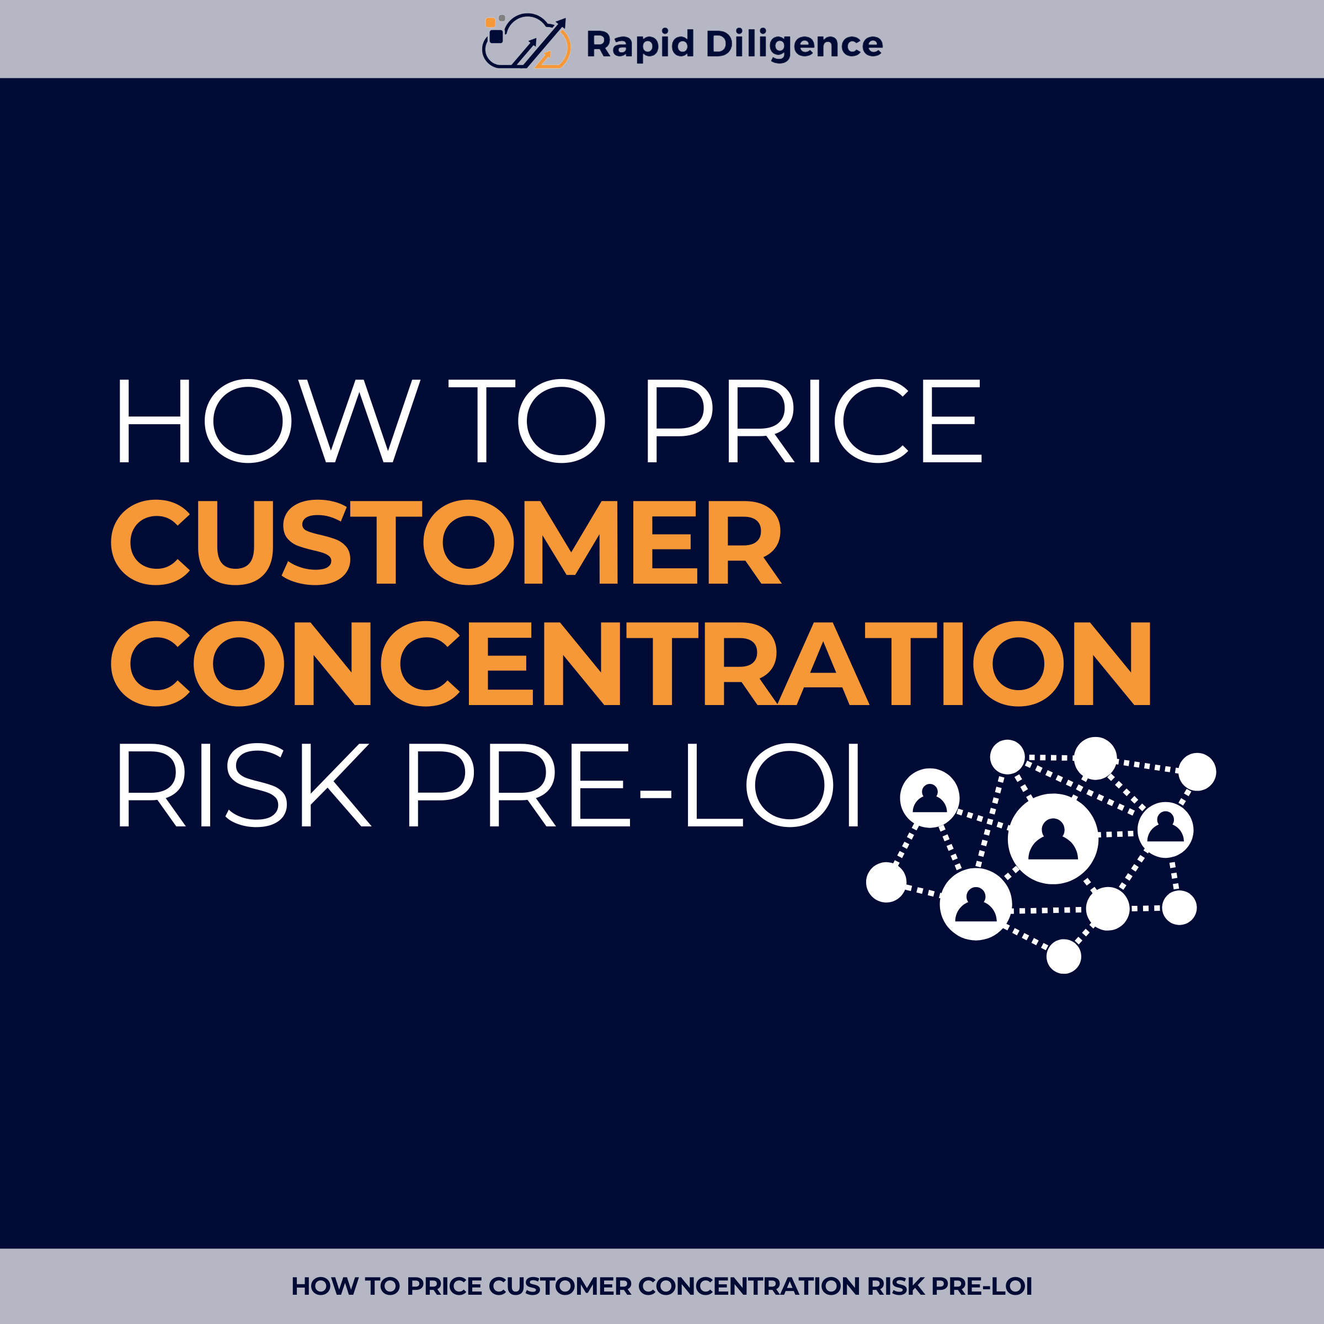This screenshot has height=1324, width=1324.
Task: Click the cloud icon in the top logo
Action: [x=526, y=42]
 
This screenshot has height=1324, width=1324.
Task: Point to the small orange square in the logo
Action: [x=490, y=23]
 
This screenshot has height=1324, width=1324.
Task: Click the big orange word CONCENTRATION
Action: [x=631, y=663]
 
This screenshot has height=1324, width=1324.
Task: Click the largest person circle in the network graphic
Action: [x=1053, y=839]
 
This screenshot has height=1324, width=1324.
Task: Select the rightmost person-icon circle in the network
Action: [x=1166, y=830]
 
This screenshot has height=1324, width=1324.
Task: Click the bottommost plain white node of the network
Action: [x=1064, y=956]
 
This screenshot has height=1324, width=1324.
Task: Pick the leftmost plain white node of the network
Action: [x=886, y=882]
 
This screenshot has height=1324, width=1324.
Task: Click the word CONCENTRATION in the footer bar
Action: [x=749, y=1286]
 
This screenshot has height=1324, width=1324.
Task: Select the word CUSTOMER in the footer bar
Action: [x=560, y=1286]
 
